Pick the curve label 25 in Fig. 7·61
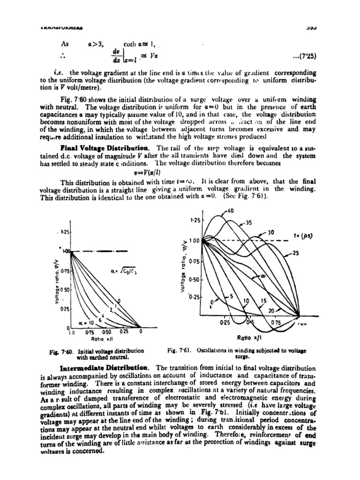click(x=295, y=253)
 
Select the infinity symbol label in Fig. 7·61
click(x=262, y=277)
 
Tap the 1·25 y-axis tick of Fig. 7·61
click(x=195, y=219)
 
